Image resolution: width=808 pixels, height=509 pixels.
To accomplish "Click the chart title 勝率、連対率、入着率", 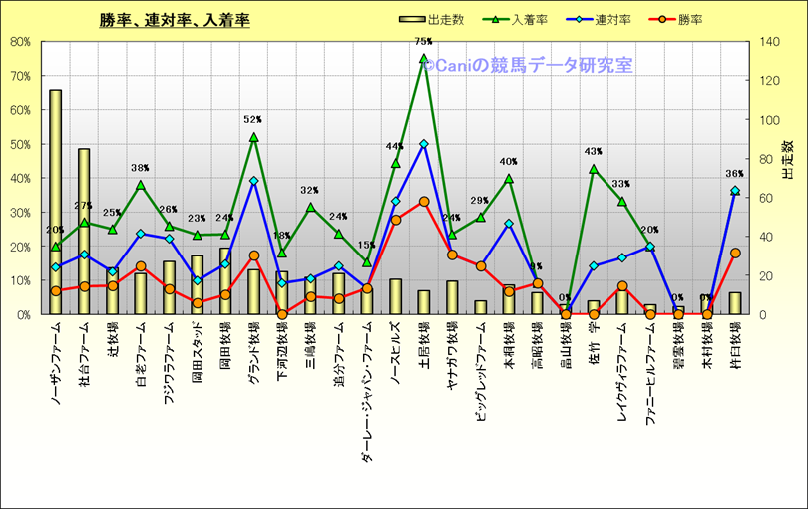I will (175, 20).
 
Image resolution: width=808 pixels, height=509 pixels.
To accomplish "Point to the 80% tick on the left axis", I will (19, 42).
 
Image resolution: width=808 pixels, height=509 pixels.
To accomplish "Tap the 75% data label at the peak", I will (423, 42).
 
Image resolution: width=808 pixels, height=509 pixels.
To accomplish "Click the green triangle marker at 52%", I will (253, 137).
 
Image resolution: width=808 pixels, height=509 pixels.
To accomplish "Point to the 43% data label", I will (593, 152).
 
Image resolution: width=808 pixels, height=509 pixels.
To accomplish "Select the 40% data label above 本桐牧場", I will (508, 162).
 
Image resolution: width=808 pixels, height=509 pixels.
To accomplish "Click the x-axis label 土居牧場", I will (424, 345).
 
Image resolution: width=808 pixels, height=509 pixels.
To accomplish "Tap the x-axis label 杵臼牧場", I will (735, 345).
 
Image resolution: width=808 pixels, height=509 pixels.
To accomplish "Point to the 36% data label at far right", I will (735, 174).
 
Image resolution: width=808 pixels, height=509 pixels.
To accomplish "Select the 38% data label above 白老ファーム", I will (141, 168).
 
